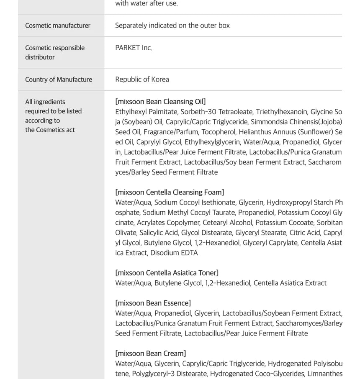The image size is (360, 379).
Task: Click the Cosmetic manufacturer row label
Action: pos(58,26)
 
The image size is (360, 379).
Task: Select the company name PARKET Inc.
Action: pos(134,48)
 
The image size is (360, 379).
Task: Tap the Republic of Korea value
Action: pos(142,79)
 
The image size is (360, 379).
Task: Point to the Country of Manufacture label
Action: pos(59,79)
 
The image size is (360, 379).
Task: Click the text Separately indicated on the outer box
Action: pos(172,26)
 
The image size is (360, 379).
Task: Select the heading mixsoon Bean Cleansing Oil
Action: pos(160,102)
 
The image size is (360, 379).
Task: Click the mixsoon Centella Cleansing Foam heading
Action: pos(170,192)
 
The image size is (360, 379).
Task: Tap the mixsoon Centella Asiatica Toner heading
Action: pos(167,273)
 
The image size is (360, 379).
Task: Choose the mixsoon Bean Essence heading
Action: pos(153,303)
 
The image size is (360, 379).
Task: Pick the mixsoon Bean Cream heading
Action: pos(151,353)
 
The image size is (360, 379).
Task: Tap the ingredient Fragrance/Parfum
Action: pos(169,132)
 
